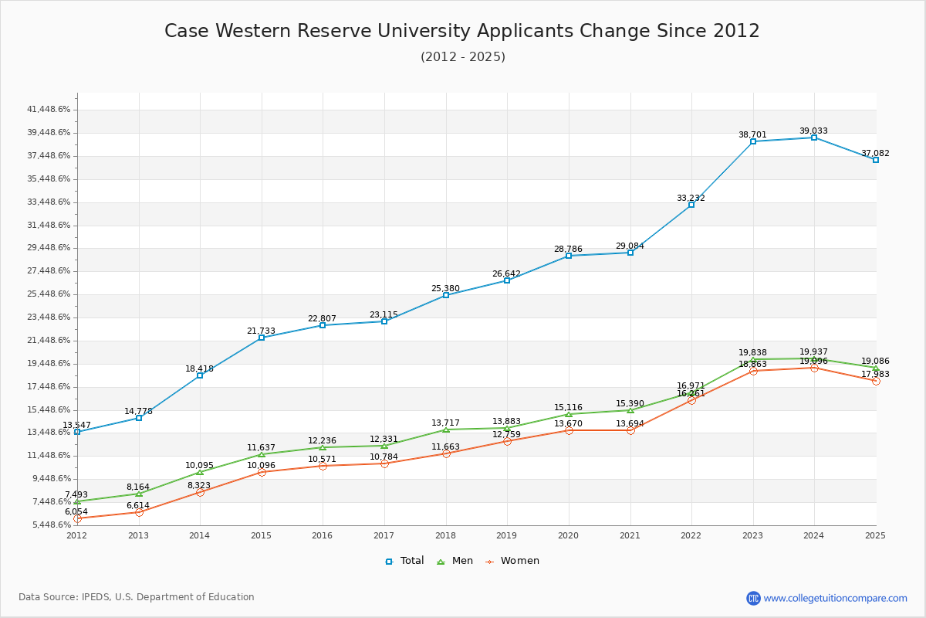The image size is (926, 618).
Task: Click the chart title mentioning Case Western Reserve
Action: [462, 31]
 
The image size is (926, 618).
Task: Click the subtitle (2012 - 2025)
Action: [462, 57]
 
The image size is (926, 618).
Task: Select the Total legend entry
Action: [404, 561]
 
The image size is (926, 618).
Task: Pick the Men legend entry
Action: [455, 561]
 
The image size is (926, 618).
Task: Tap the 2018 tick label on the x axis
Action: [445, 535]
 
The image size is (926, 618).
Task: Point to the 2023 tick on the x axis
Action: [752, 535]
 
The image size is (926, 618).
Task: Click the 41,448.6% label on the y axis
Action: [49, 110]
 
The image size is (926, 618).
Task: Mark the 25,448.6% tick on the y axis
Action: [49, 294]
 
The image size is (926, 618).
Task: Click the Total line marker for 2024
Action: [814, 138]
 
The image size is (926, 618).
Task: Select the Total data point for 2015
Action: [262, 338]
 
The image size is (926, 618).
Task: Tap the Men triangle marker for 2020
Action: [569, 414]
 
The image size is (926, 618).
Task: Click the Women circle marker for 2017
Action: [384, 463]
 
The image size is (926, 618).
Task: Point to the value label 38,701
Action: [752, 134]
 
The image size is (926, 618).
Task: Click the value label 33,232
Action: [691, 198]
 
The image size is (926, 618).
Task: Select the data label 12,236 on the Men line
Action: [322, 440]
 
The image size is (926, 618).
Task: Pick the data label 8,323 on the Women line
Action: [199, 485]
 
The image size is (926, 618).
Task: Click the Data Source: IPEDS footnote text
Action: [137, 597]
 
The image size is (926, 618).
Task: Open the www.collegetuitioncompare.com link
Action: [835, 598]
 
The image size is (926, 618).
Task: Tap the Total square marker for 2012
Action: [77, 432]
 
